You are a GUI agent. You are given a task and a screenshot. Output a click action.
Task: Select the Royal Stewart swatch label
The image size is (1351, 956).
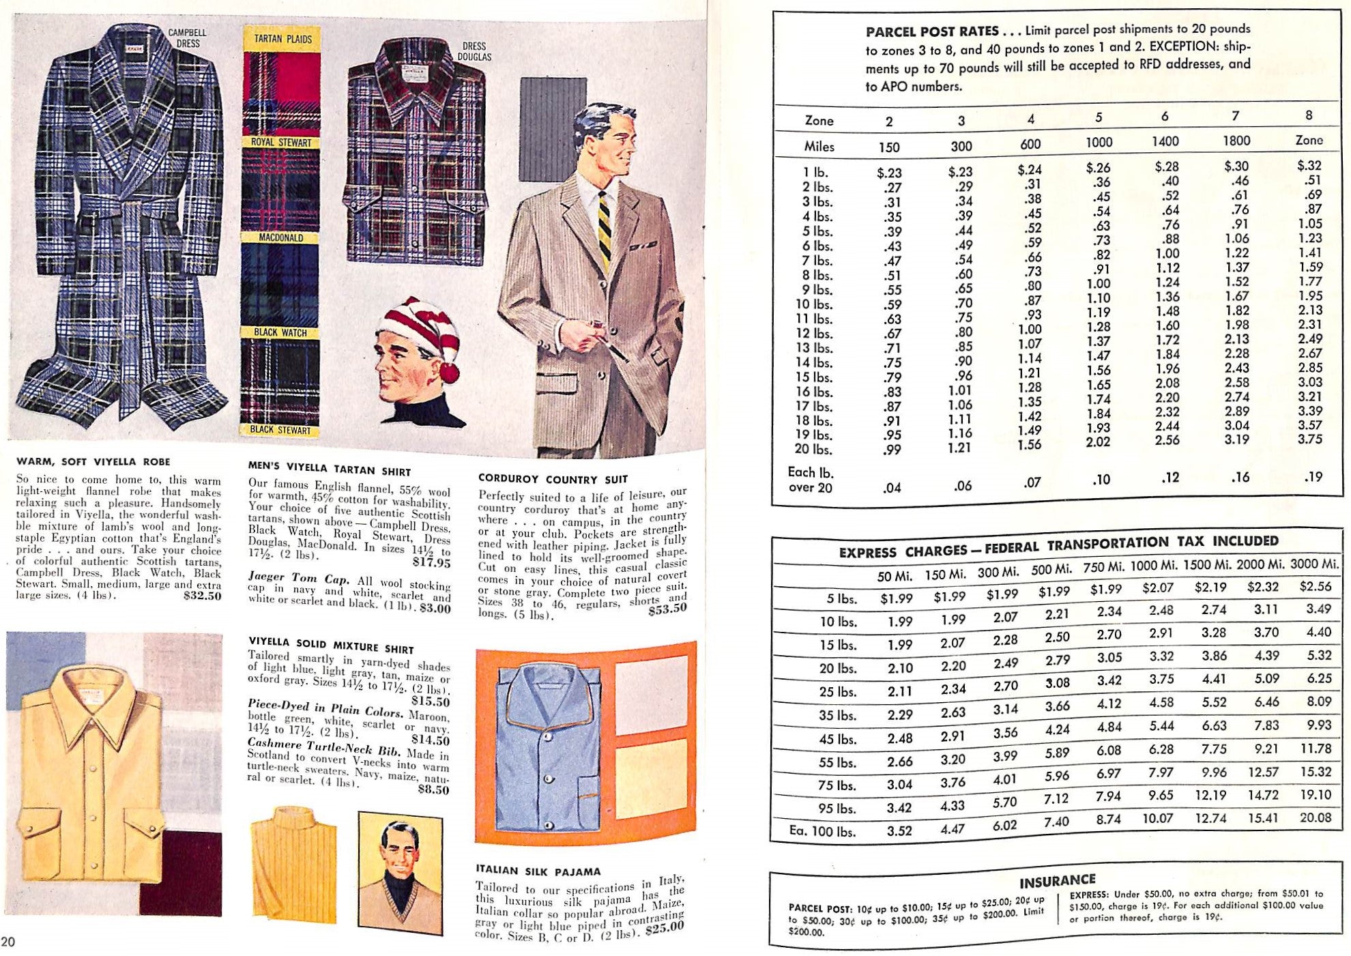pos(280,143)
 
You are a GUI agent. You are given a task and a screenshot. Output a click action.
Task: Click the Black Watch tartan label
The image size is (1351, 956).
pos(280,332)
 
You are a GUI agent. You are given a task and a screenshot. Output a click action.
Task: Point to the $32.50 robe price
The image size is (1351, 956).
pos(203,596)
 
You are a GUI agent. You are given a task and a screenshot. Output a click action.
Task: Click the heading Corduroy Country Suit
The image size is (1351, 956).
pos(553,479)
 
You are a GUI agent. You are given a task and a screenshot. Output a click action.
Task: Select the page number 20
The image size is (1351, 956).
pos(9,942)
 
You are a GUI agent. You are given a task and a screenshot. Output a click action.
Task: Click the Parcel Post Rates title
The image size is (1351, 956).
pos(932,31)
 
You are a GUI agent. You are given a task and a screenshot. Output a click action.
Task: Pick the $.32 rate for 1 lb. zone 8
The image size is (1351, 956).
pos(1309,165)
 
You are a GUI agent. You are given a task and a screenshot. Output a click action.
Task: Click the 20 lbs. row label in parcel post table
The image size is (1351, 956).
pos(813,449)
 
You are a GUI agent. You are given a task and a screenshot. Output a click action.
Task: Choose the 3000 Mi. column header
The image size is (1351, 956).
pos(1313,564)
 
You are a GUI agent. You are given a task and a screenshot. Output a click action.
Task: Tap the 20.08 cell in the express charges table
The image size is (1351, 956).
pos(1315,817)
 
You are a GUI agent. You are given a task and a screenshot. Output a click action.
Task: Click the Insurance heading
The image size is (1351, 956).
pos(1057,881)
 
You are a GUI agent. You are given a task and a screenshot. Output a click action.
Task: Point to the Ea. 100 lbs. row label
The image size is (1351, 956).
pos(813,831)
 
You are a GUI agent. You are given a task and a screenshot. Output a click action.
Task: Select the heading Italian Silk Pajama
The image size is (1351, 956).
pos(538,871)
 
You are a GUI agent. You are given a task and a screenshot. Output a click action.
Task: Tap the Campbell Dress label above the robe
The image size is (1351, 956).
pos(188,38)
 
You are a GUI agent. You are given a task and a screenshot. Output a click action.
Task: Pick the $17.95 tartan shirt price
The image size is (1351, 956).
pos(431,563)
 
